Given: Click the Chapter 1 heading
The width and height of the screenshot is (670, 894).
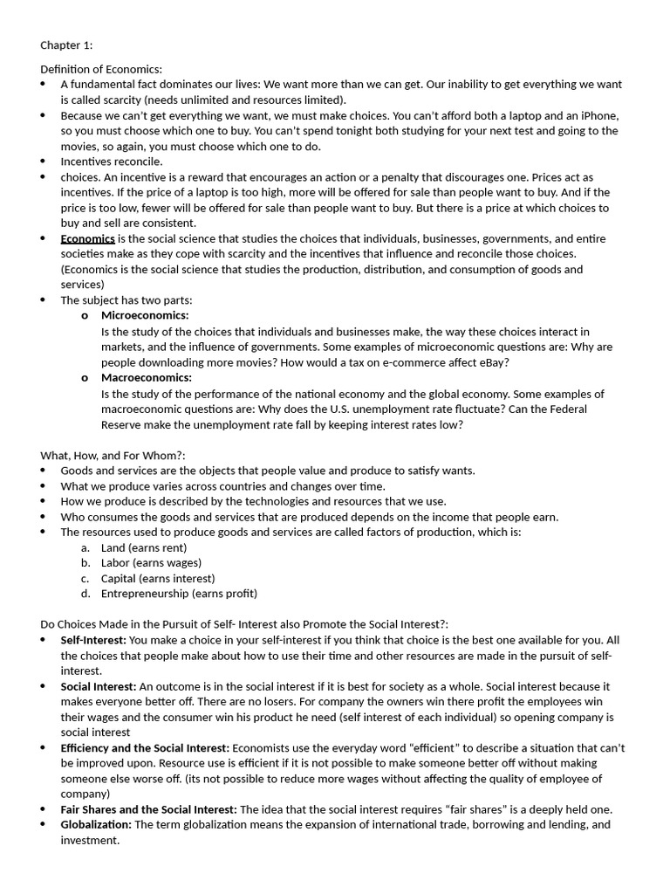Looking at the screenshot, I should click(66, 45).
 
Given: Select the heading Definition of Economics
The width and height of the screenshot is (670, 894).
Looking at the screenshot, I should click(101, 69).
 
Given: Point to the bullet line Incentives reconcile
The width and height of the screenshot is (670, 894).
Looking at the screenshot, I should click(111, 162).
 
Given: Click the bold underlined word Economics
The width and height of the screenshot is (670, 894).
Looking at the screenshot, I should click(87, 238).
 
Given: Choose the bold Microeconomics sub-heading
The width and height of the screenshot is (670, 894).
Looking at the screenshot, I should click(145, 315).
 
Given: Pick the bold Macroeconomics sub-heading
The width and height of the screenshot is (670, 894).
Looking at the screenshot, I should click(147, 377).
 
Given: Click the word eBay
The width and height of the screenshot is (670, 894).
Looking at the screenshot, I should click(490, 362).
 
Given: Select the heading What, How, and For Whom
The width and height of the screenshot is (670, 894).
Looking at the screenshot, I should click(113, 455).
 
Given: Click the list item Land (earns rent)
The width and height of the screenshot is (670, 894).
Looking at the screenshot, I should click(144, 547).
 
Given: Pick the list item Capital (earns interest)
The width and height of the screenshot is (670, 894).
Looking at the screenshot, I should click(158, 578).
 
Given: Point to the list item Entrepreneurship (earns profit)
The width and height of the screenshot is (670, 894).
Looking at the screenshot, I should click(179, 594).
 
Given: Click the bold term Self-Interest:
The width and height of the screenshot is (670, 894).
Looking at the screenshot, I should click(93, 640).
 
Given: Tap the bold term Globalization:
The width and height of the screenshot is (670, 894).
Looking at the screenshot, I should click(96, 824).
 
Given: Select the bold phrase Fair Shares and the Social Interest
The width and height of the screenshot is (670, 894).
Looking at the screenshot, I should click(148, 809).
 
